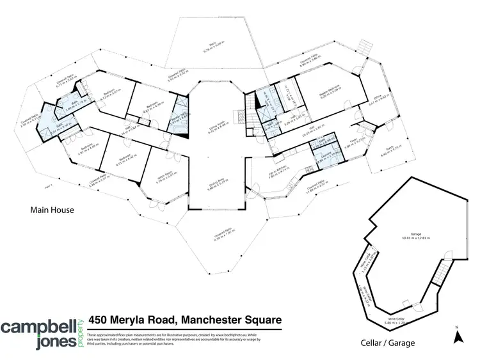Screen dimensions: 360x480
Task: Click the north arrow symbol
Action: [x=458, y=335]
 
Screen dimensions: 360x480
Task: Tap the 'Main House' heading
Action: [x=51, y=209]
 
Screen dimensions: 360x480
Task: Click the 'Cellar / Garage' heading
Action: [x=388, y=343]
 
